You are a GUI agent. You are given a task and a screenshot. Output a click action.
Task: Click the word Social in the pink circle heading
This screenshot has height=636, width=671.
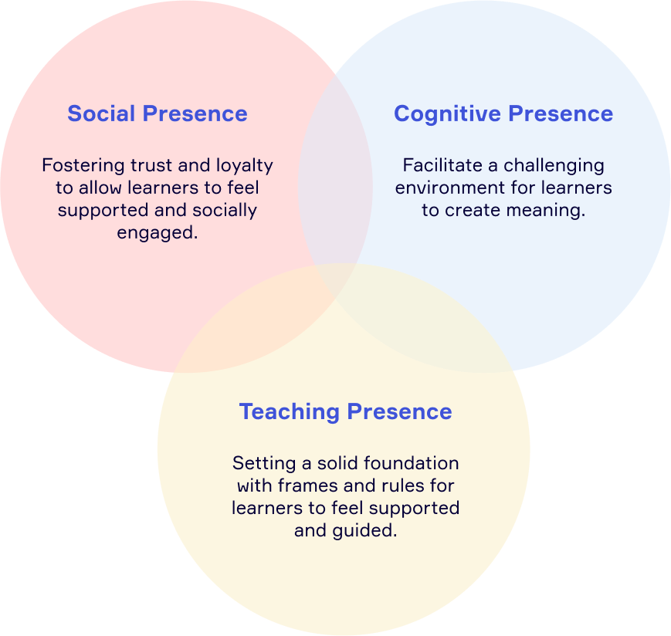(x=101, y=113)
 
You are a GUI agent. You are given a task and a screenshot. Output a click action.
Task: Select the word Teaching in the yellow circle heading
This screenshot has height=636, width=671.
(x=290, y=412)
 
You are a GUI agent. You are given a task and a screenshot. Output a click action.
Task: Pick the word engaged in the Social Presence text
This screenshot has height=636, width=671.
(x=158, y=233)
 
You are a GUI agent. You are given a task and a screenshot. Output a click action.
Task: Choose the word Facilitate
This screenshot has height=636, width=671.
(x=442, y=165)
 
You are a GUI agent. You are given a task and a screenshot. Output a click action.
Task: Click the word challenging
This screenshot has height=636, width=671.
(x=554, y=166)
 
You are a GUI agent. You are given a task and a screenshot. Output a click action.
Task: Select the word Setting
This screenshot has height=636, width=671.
(x=264, y=464)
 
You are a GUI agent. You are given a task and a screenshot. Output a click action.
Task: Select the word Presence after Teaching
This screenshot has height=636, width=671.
(x=399, y=411)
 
